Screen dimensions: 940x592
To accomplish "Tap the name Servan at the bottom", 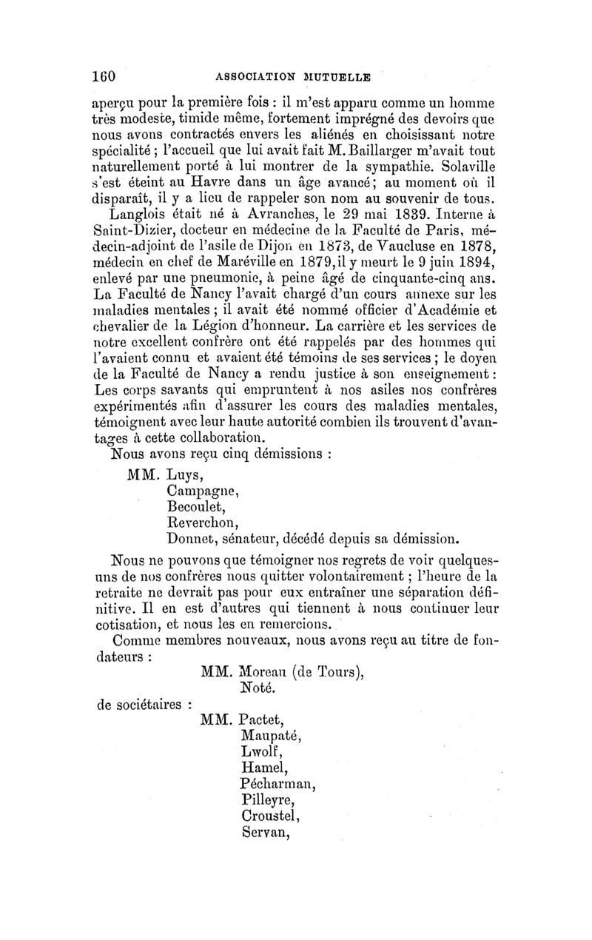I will coord(263,831).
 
